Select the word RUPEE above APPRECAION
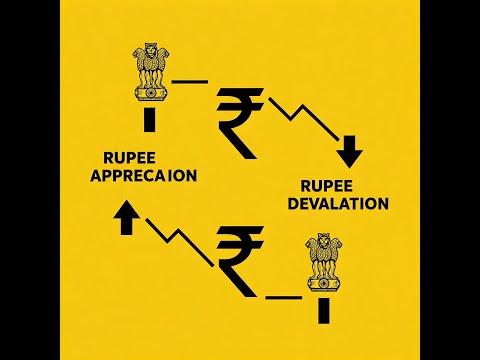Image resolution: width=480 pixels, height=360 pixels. pos(128,157)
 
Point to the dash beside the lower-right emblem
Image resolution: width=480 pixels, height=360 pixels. pos(283,297)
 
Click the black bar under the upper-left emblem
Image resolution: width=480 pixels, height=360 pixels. pos(151,120)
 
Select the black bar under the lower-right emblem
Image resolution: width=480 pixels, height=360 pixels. pos(323,311)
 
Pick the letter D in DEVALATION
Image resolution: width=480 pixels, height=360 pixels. pos(292,204)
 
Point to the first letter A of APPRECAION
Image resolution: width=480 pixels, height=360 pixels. pos(97,176)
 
